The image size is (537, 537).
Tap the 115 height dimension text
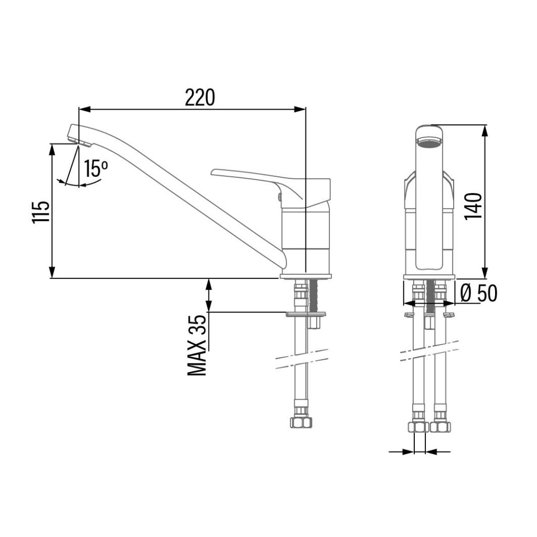[41, 213]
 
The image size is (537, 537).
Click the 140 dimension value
[474, 206]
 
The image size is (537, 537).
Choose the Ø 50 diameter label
[479, 293]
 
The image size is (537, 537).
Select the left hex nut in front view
[418, 427]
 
